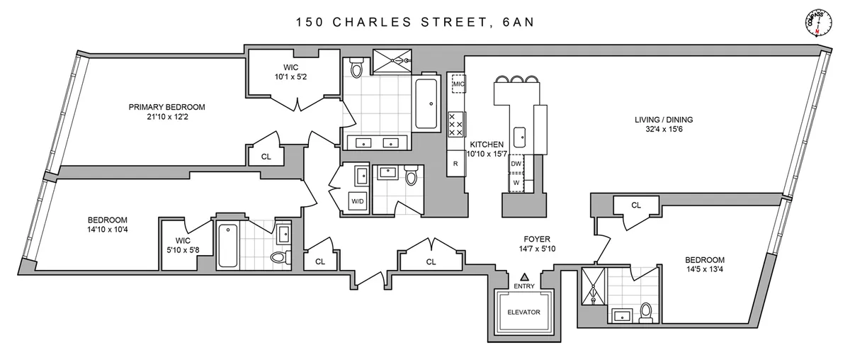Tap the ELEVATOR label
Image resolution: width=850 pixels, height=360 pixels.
tap(523, 312)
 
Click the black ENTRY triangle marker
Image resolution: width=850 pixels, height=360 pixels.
tap(525, 276)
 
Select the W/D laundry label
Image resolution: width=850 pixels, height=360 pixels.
tap(358, 201)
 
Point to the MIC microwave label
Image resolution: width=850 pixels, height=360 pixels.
tap(458, 84)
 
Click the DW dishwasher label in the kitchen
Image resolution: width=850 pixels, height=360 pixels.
tap(516, 164)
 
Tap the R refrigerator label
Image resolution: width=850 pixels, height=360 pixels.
tap(455, 164)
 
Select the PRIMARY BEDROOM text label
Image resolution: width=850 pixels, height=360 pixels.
tap(166, 107)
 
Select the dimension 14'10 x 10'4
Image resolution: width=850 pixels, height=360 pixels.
tap(108, 230)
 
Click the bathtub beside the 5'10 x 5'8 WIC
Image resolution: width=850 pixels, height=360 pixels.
tap(228, 245)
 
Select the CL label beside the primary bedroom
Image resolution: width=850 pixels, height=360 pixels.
tap(266, 157)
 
